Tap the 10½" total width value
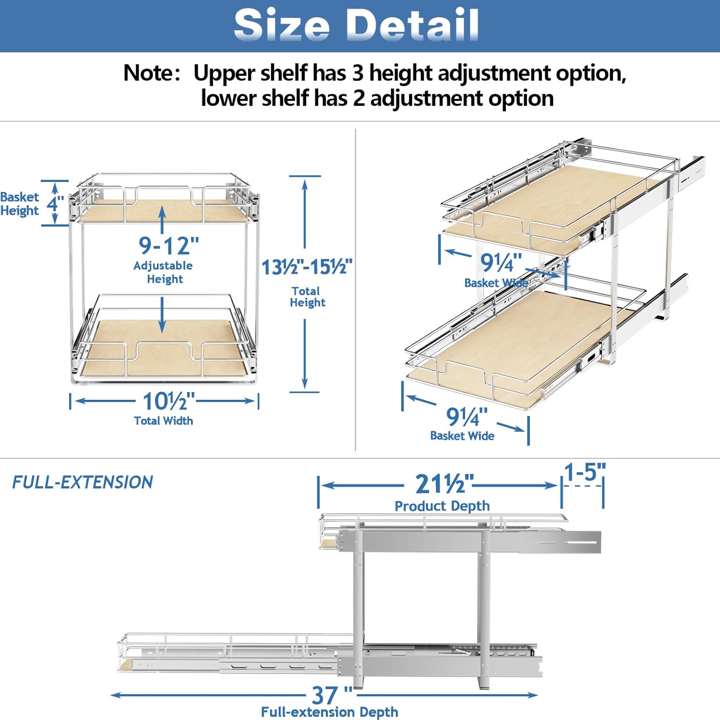click(169, 401)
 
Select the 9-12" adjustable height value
click(168, 245)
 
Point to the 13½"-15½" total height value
click(307, 267)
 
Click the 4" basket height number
click(55, 204)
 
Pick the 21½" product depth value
click(444, 484)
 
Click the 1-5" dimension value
click(585, 472)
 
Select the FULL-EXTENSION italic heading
click(83, 482)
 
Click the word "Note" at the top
click(148, 73)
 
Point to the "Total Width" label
click(164, 421)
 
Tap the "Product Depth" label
click(442, 506)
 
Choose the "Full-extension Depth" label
click(330, 712)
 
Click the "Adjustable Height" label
click(163, 272)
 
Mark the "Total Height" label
click(307, 297)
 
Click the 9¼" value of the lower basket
click(467, 417)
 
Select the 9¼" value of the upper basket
click(501, 263)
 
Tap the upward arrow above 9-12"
click(162, 220)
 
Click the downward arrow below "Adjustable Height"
click(162, 315)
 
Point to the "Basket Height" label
click(20, 204)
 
